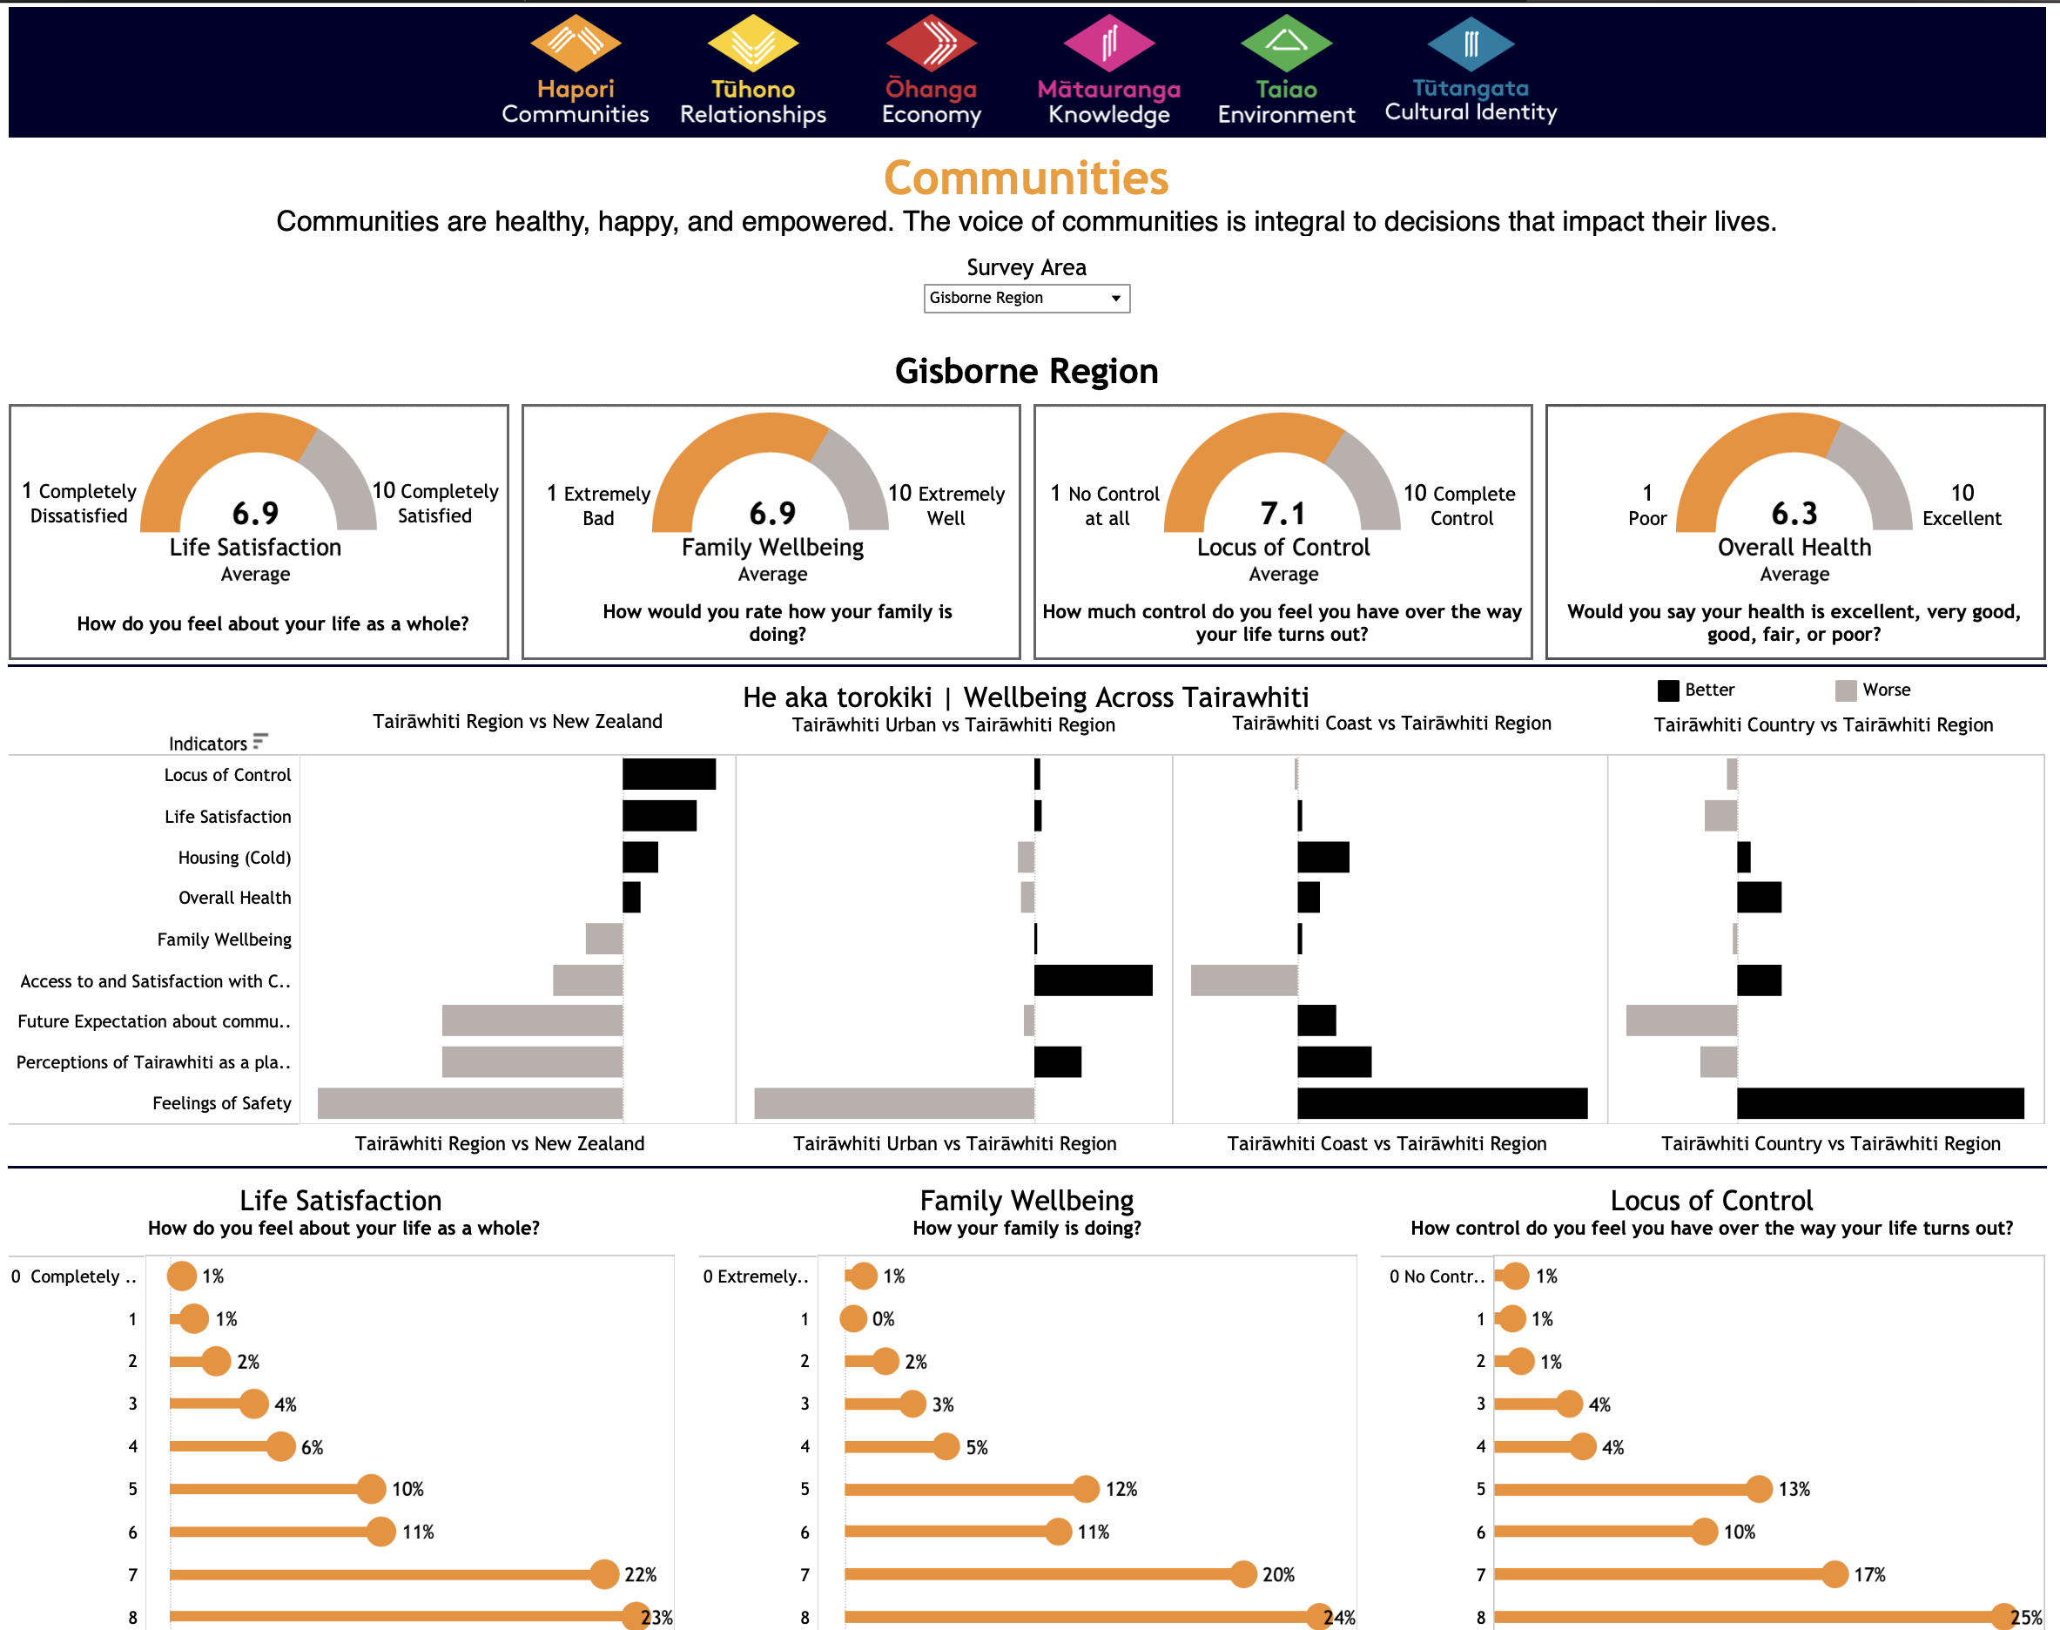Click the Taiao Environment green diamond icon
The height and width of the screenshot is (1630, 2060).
pos(1285,44)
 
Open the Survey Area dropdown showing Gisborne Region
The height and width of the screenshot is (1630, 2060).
pos(1026,299)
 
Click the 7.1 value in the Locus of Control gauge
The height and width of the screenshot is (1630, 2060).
pos(1282,514)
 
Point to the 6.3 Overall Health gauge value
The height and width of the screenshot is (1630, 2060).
pos(1794,514)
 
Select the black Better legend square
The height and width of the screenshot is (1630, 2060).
pos(1668,690)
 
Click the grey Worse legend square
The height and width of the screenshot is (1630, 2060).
pos(1845,690)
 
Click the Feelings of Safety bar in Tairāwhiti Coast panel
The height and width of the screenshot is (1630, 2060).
pos(1442,1103)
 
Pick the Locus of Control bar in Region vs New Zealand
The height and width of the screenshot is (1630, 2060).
pos(669,774)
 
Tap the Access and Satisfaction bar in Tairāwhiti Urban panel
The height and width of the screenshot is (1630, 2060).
pos(1093,980)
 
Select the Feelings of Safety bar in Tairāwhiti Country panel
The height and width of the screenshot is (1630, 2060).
pos(1880,1103)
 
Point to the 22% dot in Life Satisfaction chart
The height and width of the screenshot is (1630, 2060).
pos(604,1574)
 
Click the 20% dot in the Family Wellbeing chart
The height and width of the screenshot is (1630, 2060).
pos(1243,1574)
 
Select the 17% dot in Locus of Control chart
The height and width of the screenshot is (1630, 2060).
pos(1834,1574)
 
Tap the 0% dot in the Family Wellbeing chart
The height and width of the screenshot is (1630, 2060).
pos(853,1319)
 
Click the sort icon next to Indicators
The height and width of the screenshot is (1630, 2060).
pos(259,742)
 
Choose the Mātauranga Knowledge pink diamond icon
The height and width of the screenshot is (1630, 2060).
pos(1108,44)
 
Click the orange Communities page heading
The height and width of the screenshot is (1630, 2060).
pos(1026,178)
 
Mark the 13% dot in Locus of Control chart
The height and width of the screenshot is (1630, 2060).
pos(1760,1489)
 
